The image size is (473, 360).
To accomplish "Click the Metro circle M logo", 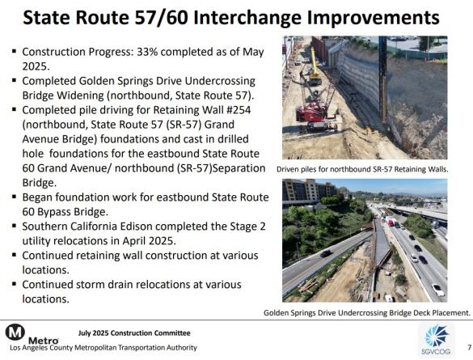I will tap(14, 332).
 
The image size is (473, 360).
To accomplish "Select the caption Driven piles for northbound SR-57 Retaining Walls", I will tap(361, 169).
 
